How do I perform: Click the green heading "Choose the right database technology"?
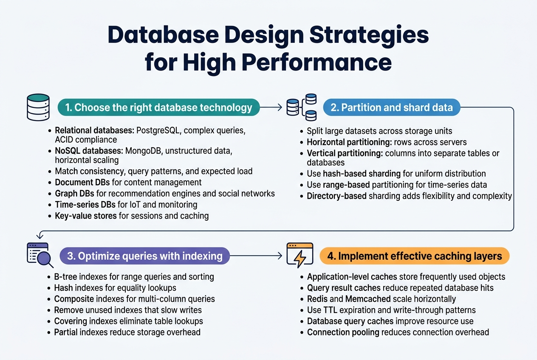click(158, 107)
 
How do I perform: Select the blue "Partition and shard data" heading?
click(391, 107)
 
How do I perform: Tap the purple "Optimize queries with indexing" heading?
click(144, 256)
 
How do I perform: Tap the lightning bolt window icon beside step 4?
click(300, 255)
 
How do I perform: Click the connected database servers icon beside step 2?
click(302, 107)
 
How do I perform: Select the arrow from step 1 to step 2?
click(271, 108)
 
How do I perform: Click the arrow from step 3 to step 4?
click(256, 256)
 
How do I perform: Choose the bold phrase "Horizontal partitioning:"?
click(345, 142)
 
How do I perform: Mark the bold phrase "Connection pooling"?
click(343, 332)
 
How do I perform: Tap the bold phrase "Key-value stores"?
click(86, 216)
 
